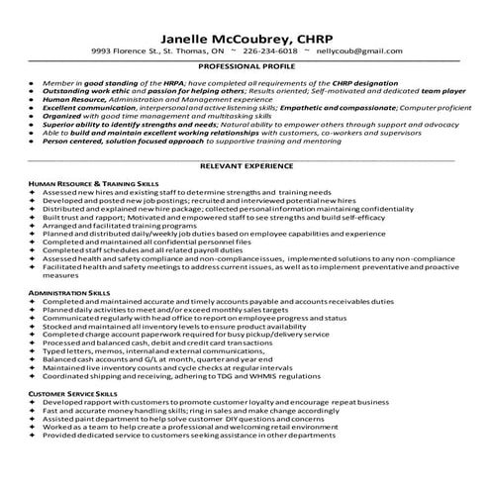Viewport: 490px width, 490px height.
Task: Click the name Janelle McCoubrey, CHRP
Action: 244,29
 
